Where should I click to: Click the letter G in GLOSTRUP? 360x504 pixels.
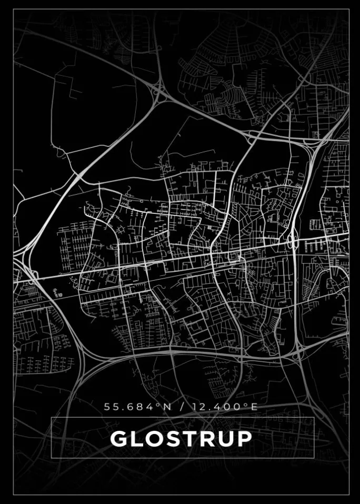click(x=119, y=439)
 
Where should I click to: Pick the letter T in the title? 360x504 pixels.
click(x=187, y=439)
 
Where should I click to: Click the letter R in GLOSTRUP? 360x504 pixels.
click(x=204, y=439)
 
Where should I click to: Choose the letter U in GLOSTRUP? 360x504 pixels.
click(x=223, y=439)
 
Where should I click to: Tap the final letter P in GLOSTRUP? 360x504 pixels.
click(x=242, y=439)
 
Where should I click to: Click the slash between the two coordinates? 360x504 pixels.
click(x=182, y=407)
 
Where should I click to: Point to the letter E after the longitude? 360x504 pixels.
click(x=254, y=407)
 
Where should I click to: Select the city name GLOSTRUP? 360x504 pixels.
click(x=181, y=439)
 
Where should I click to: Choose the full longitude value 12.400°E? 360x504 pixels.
click(x=225, y=407)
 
